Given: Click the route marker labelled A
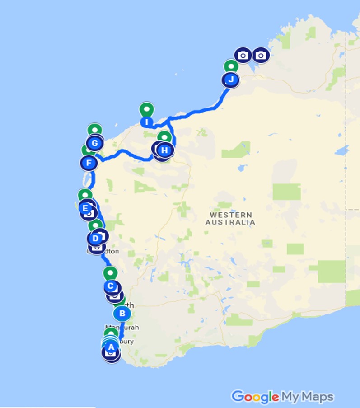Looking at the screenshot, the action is (x=111, y=347).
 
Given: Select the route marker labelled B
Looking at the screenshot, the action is (x=122, y=313).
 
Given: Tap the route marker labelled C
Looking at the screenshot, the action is (x=110, y=286).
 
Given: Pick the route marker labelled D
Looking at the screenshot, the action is (x=95, y=238).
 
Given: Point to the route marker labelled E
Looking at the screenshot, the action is (x=85, y=208).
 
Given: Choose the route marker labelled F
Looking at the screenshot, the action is (x=89, y=163).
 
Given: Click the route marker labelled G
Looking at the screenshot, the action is (x=94, y=144).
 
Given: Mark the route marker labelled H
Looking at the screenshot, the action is (x=165, y=150).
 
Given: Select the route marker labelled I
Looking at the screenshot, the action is (x=146, y=122).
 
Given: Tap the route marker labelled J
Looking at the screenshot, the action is (x=231, y=80).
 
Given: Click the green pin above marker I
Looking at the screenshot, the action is (x=146, y=109).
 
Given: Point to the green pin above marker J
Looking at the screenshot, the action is (x=231, y=66).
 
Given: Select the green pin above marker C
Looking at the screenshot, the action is (x=110, y=273).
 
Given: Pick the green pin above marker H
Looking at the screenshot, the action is (x=164, y=136).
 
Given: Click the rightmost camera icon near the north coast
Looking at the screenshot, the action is (x=261, y=56).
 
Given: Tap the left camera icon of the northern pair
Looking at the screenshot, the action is (x=243, y=56).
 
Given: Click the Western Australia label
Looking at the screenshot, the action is (x=230, y=218).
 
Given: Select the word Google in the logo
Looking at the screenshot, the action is (x=255, y=397).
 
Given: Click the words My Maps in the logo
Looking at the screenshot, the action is (x=308, y=397).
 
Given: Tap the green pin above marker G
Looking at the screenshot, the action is (x=94, y=130).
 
